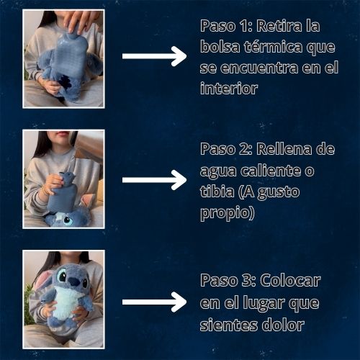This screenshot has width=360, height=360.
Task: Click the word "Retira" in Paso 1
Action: point(279,26)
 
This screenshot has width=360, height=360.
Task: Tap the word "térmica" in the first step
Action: point(274,47)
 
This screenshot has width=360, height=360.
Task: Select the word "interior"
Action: point(229,89)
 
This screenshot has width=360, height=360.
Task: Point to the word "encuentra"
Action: point(258,68)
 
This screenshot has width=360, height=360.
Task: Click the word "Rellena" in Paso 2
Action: point(284,149)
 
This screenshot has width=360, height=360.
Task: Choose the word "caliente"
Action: point(271,171)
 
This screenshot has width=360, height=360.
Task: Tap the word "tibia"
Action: point(217,192)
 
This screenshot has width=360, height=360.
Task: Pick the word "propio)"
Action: point(228,213)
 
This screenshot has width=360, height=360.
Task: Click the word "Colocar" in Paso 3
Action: point(290,280)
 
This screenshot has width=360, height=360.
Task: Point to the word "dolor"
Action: point(283,325)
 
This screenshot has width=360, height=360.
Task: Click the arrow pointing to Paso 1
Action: point(154,56)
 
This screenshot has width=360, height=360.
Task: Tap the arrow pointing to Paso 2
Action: point(154,180)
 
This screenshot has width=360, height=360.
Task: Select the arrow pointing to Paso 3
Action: point(154,302)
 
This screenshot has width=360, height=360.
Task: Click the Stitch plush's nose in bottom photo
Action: point(73,281)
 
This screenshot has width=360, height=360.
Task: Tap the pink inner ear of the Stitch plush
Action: point(42,279)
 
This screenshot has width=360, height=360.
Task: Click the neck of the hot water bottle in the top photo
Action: point(73,34)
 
